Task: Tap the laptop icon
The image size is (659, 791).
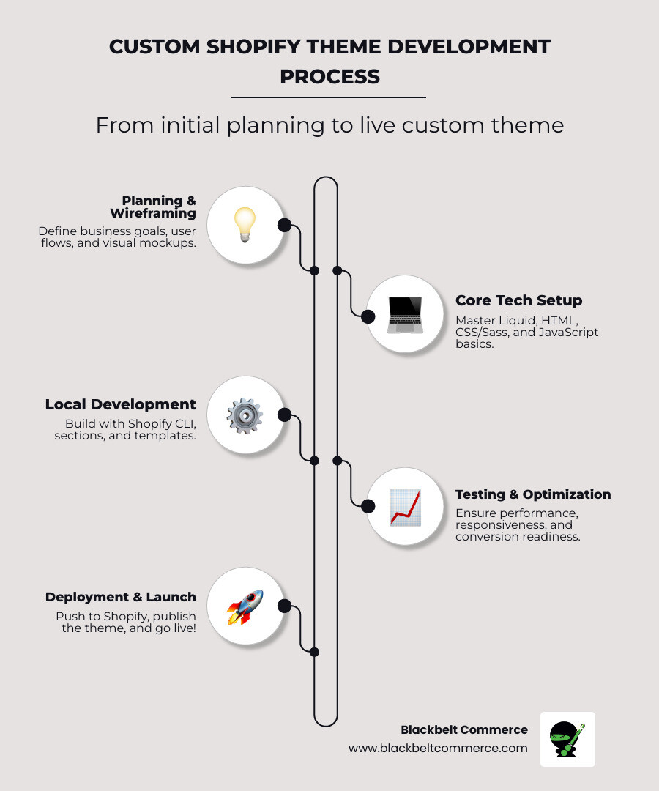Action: point(405,314)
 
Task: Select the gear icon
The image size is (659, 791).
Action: point(245,415)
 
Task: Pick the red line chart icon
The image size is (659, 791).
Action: point(405,507)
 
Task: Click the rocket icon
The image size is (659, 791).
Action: point(245,606)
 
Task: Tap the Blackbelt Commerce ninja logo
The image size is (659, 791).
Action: point(567,739)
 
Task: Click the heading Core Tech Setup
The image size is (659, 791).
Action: point(518,300)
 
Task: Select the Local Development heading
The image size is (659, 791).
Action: point(120,404)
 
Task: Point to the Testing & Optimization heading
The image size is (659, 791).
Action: point(533,494)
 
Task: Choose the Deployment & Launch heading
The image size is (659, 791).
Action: point(120,597)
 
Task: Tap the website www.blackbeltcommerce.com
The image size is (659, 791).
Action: point(438,748)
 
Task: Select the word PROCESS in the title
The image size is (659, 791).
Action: point(329,76)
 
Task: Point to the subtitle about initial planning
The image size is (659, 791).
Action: point(329,125)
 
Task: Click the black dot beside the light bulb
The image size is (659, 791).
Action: point(284,225)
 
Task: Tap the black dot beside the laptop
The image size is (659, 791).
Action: point(368,316)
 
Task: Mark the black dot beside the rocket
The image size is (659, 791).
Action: point(284,606)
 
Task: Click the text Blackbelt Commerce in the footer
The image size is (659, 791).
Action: point(463,729)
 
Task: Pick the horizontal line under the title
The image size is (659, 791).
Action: point(328,97)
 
